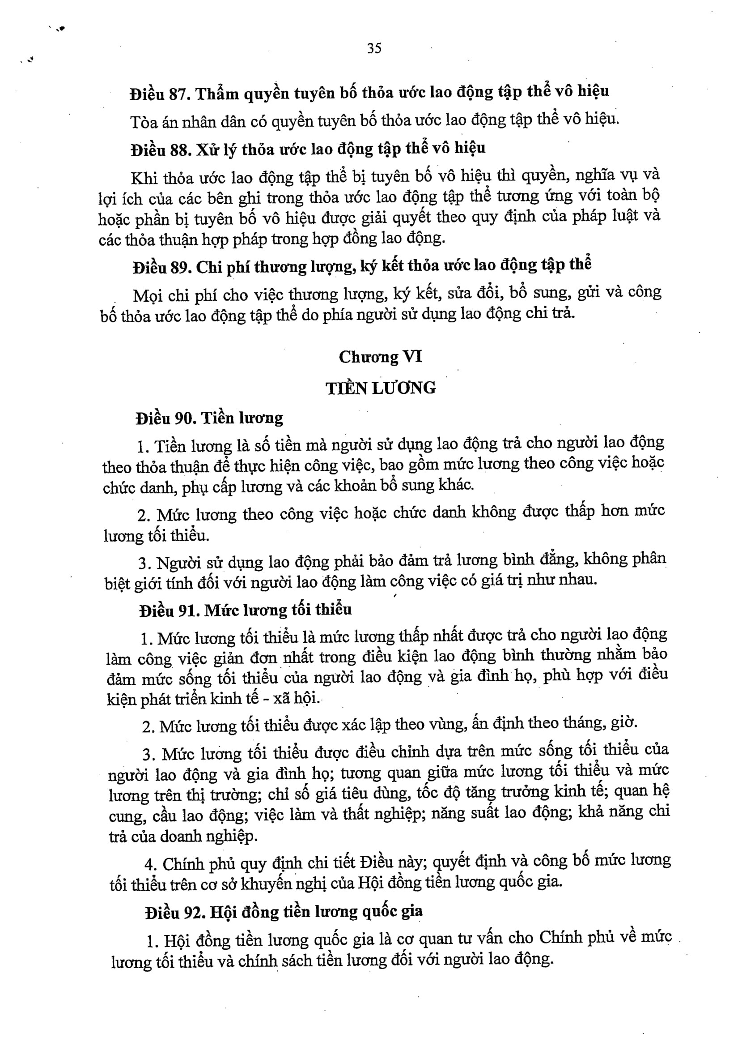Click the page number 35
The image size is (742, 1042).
(374, 48)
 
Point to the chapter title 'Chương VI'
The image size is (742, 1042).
(380, 357)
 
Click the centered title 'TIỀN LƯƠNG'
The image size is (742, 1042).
(380, 388)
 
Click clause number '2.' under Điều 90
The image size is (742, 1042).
(144, 516)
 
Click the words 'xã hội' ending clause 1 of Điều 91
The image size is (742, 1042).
(301, 699)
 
